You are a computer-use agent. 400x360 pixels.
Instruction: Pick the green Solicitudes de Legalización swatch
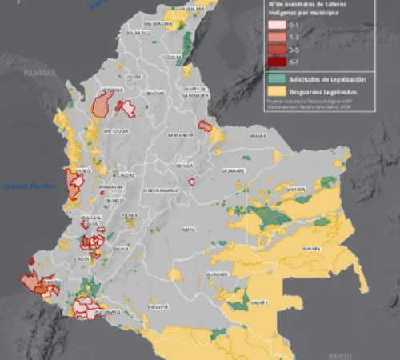[x=274, y=79]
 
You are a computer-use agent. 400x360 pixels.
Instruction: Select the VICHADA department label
[x=297, y=190]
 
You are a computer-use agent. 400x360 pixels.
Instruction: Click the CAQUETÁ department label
[x=158, y=306]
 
